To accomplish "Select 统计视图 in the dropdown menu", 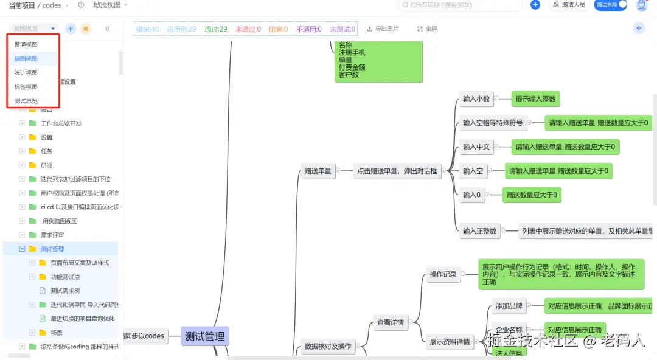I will pyautogui.click(x=26, y=73).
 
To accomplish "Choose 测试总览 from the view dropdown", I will pyautogui.click(x=26, y=101).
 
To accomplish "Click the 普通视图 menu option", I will pyautogui.click(x=26, y=45).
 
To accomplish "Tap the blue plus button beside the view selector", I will pyautogui.click(x=71, y=29).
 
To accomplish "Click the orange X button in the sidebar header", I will pyautogui.click(x=86, y=29).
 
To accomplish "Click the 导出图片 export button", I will pyautogui.click(x=383, y=29).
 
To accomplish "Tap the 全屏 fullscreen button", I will pyautogui.click(x=427, y=29).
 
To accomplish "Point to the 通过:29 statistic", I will pyautogui.click(x=216, y=29).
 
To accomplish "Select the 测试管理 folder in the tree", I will pyautogui.click(x=52, y=249).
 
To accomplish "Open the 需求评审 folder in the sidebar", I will pyautogui.click(x=52, y=235).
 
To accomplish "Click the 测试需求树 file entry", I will pyautogui.click(x=65, y=291).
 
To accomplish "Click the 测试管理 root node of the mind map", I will pyautogui.click(x=204, y=336).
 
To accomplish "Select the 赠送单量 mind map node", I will pyautogui.click(x=318, y=171).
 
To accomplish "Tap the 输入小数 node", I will pyautogui.click(x=476, y=99).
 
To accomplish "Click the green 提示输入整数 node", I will pyautogui.click(x=535, y=99).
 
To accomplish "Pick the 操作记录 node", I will pyautogui.click(x=443, y=274).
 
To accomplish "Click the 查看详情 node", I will pyautogui.click(x=390, y=322).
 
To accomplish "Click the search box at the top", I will pyautogui.click(x=460, y=5).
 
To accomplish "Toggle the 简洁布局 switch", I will pyautogui.click(x=610, y=5).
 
